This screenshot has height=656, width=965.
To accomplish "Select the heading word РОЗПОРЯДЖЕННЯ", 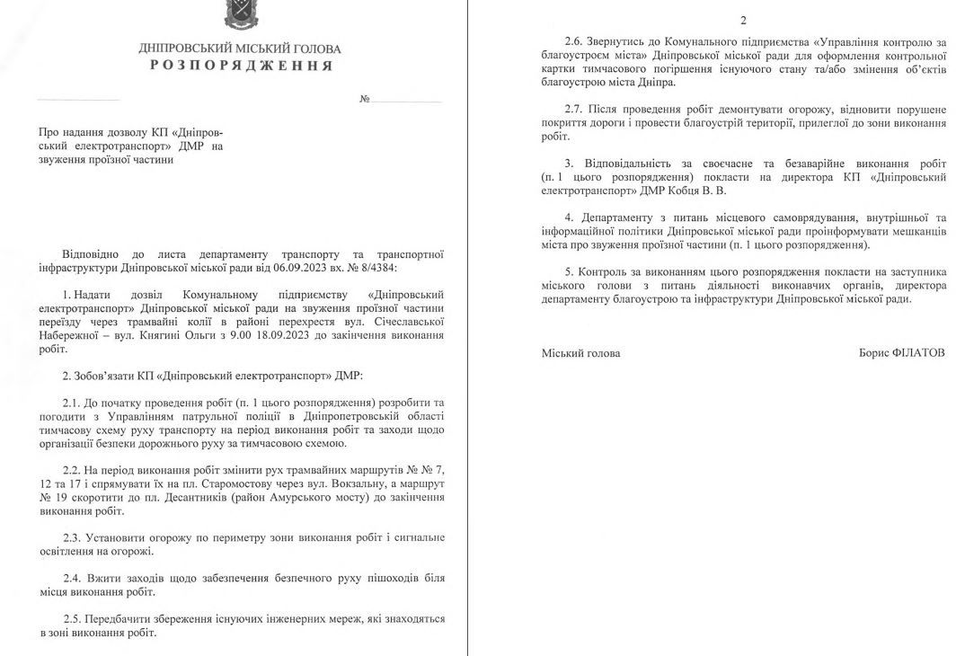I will [x=240, y=66].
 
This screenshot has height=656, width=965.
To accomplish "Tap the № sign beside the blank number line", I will [x=364, y=99].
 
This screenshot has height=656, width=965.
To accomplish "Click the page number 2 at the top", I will [x=742, y=20].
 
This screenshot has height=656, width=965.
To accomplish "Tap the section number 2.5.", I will [x=72, y=619].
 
